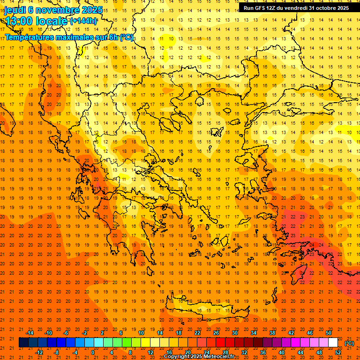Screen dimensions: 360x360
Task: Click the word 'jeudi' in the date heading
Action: [15, 10]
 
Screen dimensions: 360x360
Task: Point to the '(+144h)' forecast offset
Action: [83, 21]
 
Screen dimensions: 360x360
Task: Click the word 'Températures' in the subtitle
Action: [33, 37]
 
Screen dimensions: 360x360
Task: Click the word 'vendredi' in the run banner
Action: [297, 8]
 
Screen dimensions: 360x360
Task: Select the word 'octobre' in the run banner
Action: [323, 8]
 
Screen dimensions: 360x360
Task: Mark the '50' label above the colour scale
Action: [329, 333]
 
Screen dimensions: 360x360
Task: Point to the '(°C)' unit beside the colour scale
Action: [349, 343]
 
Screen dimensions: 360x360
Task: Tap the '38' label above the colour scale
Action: [272, 333]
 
